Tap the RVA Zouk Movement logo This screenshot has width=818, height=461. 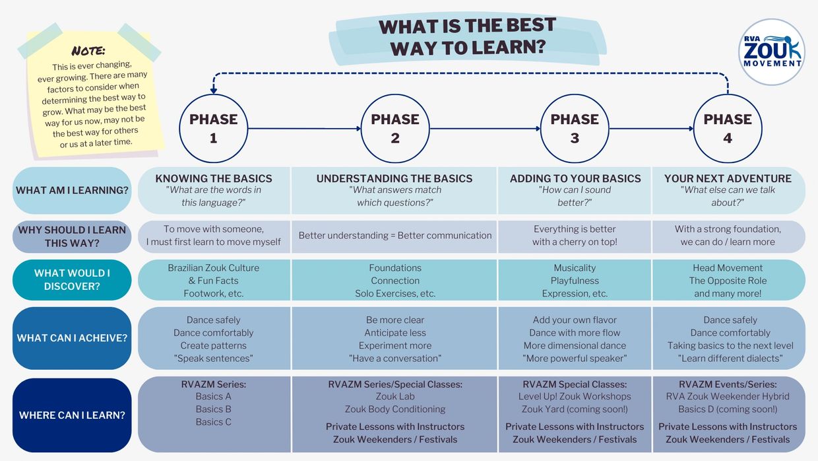coord(772,52)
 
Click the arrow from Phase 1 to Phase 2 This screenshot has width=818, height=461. coord(305,129)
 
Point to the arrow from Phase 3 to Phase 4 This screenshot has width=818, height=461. coord(651,129)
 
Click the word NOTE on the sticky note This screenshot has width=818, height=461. coord(88,51)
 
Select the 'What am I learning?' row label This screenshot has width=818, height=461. coord(72,190)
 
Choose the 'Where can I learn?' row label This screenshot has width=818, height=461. coord(72,415)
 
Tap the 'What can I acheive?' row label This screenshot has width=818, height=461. coord(72,338)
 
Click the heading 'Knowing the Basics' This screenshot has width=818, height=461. coord(214,178)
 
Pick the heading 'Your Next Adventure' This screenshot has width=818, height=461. coord(728,178)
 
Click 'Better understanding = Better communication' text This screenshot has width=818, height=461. coord(395,235)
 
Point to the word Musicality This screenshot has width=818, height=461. coord(575,268)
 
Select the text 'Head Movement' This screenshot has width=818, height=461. coord(728,268)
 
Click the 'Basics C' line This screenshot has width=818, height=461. coord(214,422)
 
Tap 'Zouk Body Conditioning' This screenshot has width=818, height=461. coord(395,409)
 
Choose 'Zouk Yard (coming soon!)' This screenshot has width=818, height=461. coord(575,409)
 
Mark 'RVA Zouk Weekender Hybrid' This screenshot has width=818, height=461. coord(728,396)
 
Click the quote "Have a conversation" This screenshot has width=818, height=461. coord(395,358)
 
